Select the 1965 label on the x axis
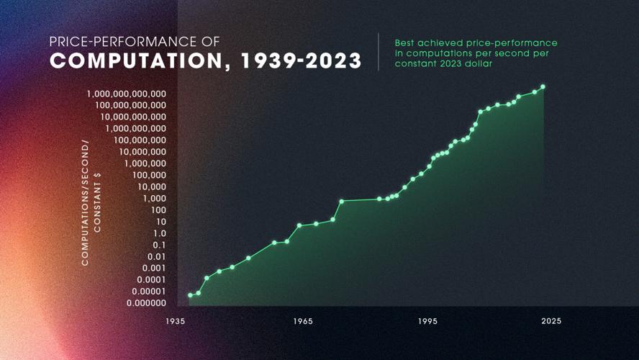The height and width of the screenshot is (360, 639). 302,321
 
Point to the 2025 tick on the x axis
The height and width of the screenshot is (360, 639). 552,321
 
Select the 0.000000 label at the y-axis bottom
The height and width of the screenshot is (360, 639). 147,303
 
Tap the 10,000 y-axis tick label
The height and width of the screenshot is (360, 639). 151,186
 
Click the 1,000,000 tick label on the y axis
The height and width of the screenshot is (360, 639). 147,163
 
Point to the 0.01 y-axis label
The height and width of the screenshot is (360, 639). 157,256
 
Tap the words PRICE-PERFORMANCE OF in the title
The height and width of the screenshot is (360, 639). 135,42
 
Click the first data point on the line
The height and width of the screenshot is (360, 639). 191,295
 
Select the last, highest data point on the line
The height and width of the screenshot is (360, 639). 543,87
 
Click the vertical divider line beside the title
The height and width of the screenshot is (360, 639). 379,52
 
